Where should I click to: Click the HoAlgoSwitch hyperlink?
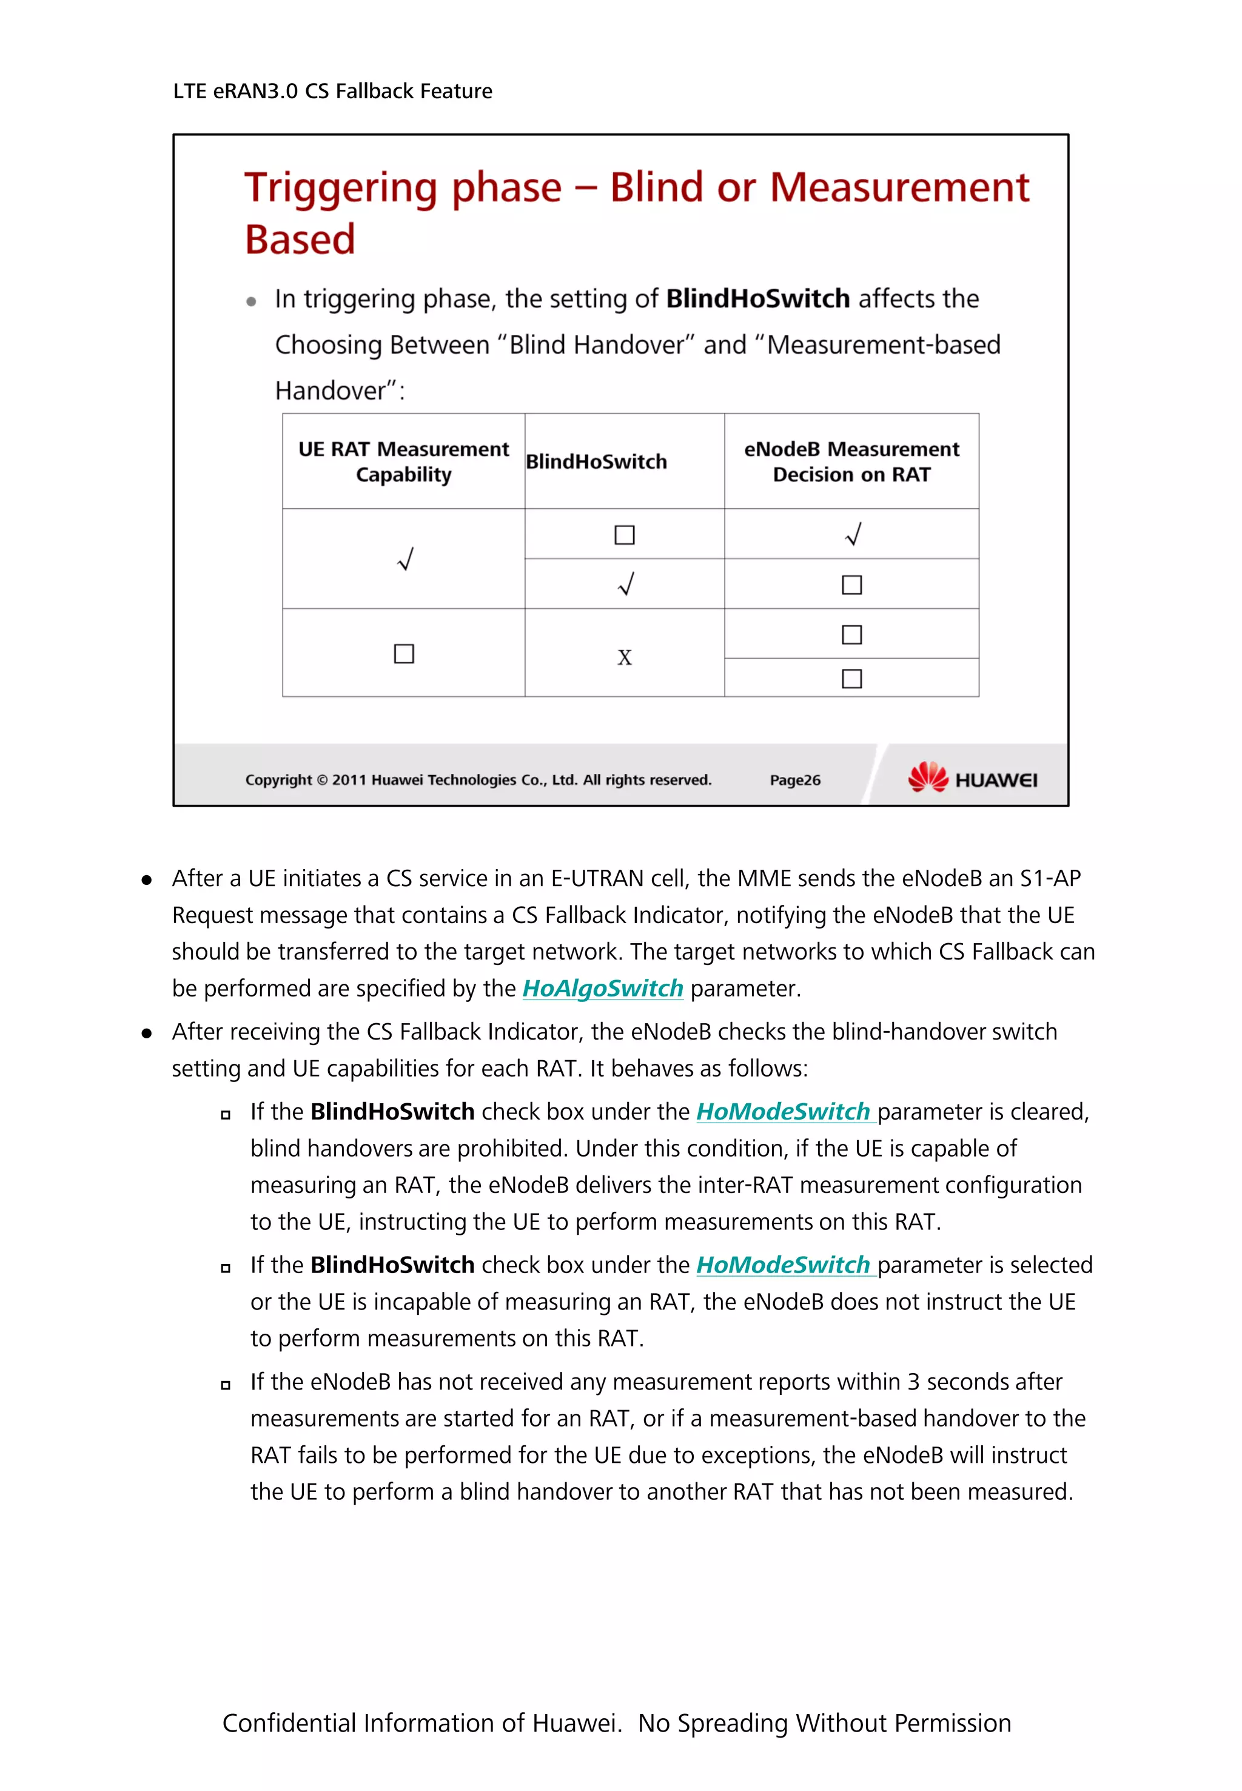click(602, 989)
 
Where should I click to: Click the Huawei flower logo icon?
click(928, 777)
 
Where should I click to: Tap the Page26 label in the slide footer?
click(794, 780)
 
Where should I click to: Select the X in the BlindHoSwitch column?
click(624, 657)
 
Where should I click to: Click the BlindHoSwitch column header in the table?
click(596, 462)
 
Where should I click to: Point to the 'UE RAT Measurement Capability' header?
click(403, 462)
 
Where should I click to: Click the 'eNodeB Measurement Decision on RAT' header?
click(851, 462)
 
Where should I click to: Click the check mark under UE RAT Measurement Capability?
click(404, 559)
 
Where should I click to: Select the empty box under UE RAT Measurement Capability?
click(404, 653)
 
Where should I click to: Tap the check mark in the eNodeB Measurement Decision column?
click(853, 534)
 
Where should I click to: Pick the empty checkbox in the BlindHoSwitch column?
click(624, 535)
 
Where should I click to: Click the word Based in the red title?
click(300, 240)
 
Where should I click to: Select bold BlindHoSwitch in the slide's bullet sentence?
click(757, 299)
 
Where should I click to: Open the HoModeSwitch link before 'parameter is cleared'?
click(783, 1112)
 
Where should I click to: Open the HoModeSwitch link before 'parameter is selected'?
click(783, 1265)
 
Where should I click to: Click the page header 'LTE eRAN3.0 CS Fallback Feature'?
click(332, 91)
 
